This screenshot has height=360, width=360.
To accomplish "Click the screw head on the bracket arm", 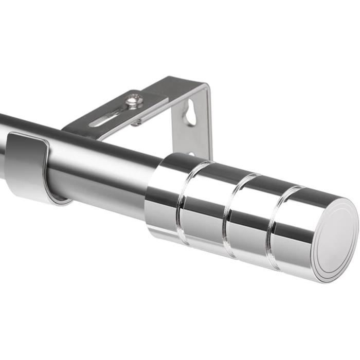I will click(135, 100).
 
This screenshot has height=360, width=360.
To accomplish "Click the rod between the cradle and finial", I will click(103, 170).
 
